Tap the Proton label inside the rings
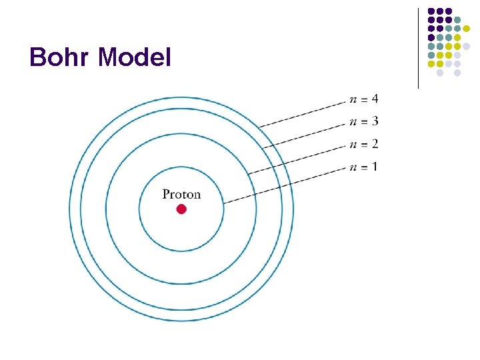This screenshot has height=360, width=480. click(x=181, y=195)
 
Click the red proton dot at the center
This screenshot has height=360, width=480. click(x=181, y=209)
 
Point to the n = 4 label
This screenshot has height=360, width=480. click(x=364, y=99)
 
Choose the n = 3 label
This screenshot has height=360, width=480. click(x=364, y=121)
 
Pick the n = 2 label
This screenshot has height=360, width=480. click(x=364, y=144)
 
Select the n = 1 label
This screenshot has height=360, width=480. click(x=364, y=167)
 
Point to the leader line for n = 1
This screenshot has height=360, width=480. click(x=285, y=184)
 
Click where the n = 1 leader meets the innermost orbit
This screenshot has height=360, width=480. click(x=223, y=202)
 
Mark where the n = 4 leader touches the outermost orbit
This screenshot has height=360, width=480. click(x=260, y=126)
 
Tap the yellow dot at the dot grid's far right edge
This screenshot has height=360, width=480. click(x=467, y=29)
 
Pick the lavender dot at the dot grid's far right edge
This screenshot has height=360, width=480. click(x=467, y=47)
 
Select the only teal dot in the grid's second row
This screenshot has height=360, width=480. click(x=457, y=20)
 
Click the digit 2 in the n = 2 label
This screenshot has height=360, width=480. click(x=375, y=144)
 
